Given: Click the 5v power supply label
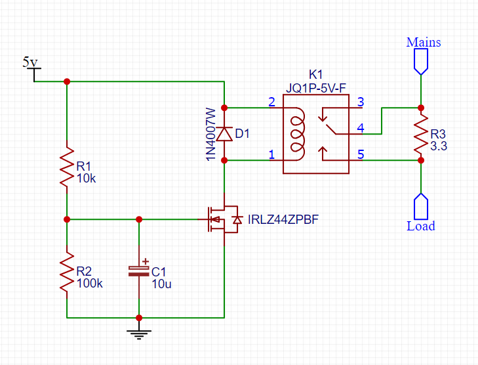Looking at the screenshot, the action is coord(30,62).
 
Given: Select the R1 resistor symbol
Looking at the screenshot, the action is coord(67,167).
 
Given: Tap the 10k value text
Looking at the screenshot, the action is coord(86,178).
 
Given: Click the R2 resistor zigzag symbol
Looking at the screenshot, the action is coord(67,272).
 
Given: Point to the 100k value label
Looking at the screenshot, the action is coord(89,283).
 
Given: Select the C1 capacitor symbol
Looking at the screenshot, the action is coord(139,271).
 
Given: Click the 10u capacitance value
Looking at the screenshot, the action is coord(161,284).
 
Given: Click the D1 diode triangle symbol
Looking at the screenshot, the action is coord(224,135).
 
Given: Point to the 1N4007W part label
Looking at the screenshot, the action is coord(211,134).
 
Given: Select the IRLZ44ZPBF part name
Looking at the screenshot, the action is coord(283,219).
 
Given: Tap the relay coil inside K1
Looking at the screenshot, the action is coord(298,134).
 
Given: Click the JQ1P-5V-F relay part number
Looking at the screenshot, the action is coord(316,88).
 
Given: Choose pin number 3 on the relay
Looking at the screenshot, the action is coord(361,102).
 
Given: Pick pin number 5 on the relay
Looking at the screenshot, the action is coord(361,154).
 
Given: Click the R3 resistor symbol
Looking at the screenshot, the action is coord(421,134).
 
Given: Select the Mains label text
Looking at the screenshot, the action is coord(424,42).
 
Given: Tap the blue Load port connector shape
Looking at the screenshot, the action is coord(421,207).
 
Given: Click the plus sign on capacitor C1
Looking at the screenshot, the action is coord(146,261).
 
